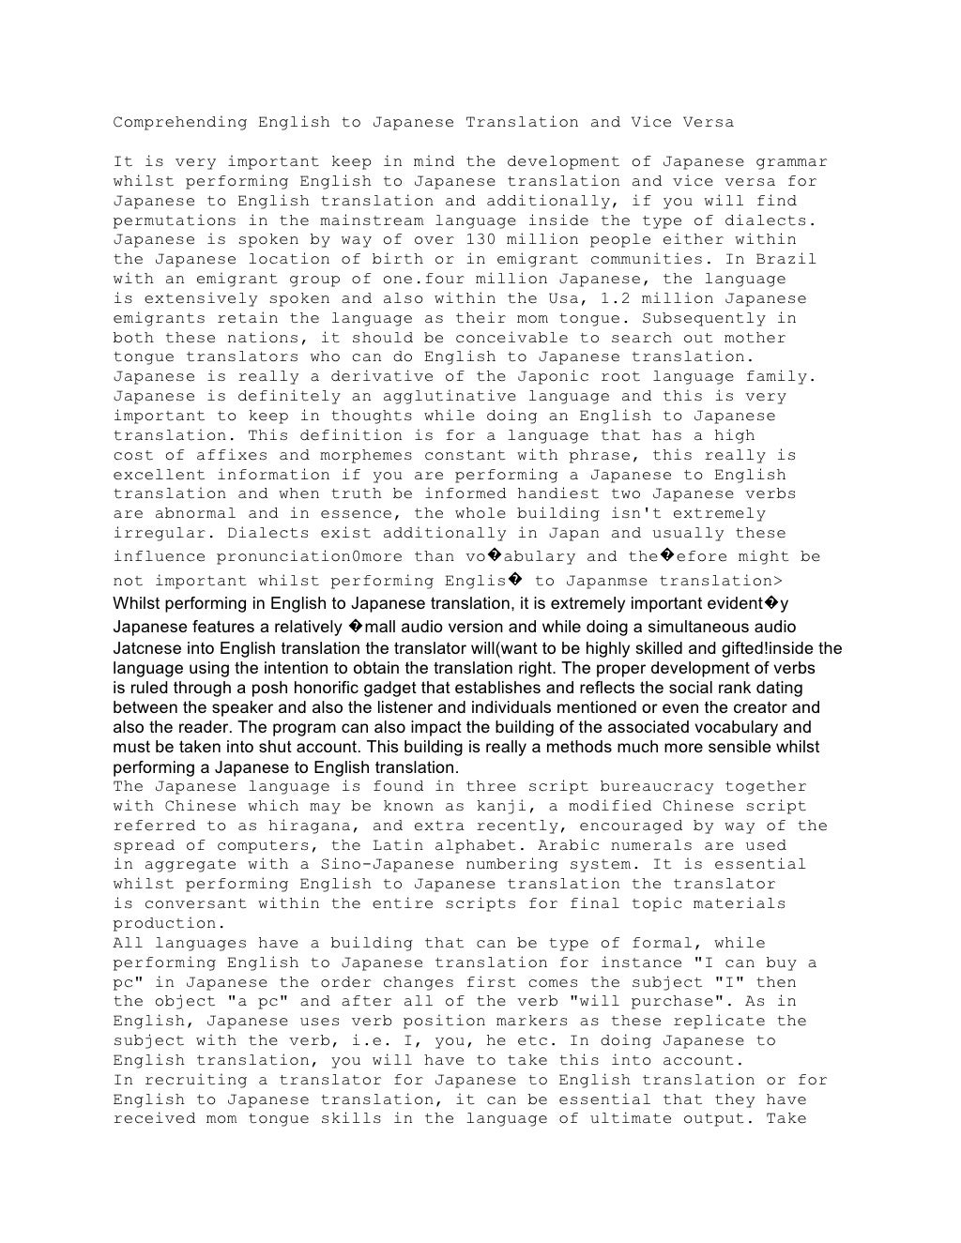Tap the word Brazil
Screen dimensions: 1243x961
coord(786,260)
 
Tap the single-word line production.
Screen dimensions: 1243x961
coord(164,924)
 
